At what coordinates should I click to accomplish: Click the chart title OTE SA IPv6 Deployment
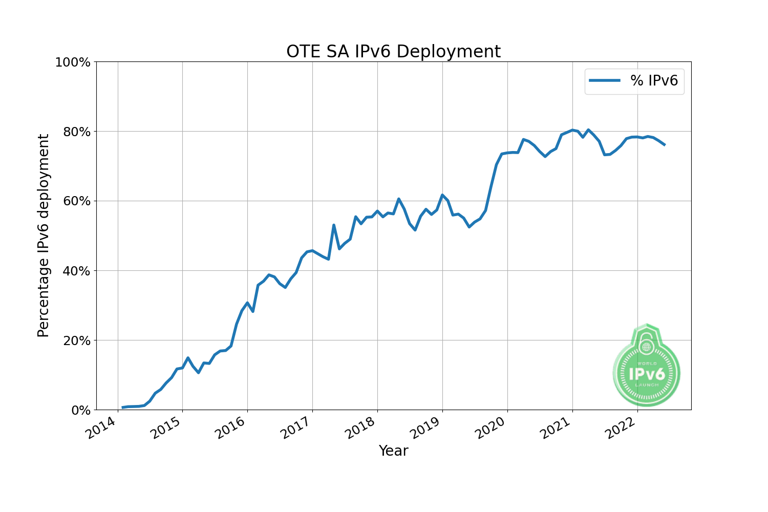point(393,52)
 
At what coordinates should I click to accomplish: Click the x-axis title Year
point(393,451)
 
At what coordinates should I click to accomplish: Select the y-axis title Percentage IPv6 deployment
point(44,236)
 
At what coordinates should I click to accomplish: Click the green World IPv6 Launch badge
point(646,366)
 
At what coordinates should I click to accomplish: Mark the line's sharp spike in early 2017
point(334,225)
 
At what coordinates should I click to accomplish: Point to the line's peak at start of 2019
point(442,195)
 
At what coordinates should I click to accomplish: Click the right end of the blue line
point(664,145)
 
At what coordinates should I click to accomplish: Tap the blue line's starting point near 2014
point(123,408)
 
